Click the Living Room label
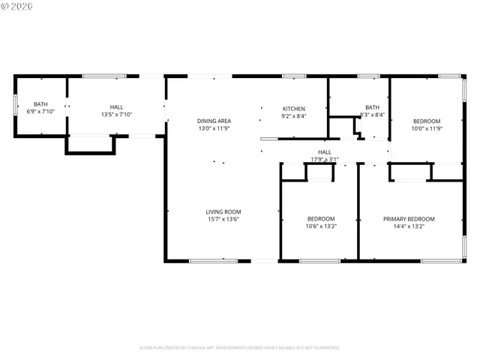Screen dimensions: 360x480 pyautogui.click(x=223, y=211)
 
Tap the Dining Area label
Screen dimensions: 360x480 pyautogui.click(x=214, y=121)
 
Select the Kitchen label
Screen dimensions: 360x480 pyautogui.click(x=293, y=109)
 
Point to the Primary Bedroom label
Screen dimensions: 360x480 pyautogui.click(x=409, y=219)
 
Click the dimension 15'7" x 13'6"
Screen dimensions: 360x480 pyautogui.click(x=223, y=219)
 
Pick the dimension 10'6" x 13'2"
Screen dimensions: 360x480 pyautogui.click(x=321, y=226)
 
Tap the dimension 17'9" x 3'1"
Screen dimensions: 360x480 pyautogui.click(x=325, y=159)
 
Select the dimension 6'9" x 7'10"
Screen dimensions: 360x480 pyautogui.click(x=40, y=112)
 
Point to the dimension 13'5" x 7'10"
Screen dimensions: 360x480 pyautogui.click(x=116, y=115)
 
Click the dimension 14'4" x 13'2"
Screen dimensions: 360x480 pyautogui.click(x=409, y=226)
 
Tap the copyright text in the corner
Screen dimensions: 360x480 pyautogui.click(x=19, y=7)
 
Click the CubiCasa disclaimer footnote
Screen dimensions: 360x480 pyautogui.click(x=239, y=347)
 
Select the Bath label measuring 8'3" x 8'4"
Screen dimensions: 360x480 pyautogui.click(x=372, y=107)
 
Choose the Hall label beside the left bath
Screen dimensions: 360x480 pyautogui.click(x=116, y=107)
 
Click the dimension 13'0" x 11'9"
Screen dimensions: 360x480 pyautogui.click(x=214, y=128)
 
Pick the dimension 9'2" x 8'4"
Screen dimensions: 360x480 pyautogui.click(x=293, y=115)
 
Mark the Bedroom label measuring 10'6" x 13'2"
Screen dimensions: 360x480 pyautogui.click(x=321, y=218)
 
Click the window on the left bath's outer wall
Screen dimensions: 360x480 pyautogui.click(x=15, y=104)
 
